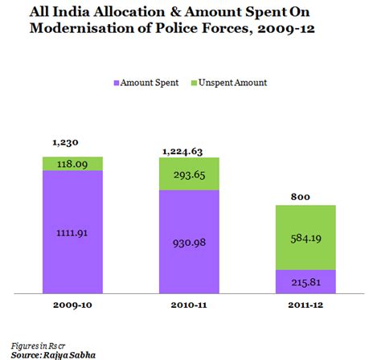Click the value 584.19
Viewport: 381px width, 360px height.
click(305, 238)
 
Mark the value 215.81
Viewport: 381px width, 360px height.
click(305, 282)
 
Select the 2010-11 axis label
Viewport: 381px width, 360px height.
click(190, 306)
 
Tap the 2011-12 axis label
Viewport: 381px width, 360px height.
click(305, 306)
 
